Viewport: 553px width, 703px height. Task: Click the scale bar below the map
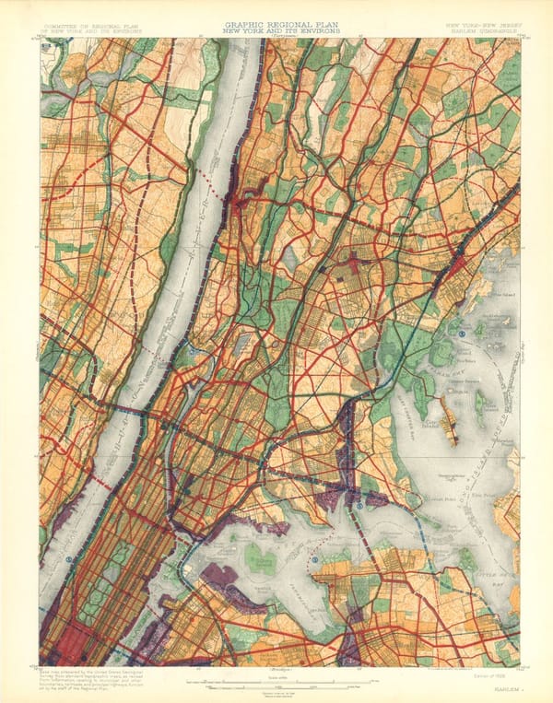point(276,682)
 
